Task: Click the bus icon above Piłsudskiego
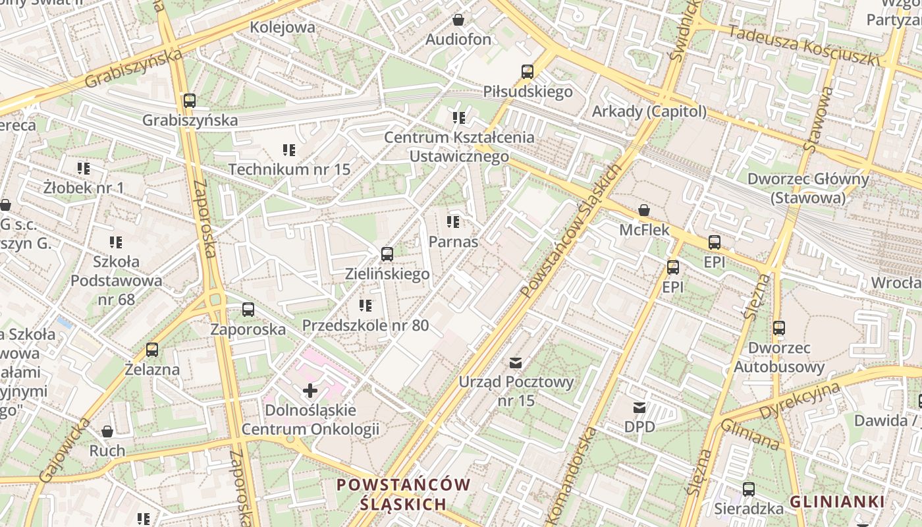pyautogui.click(x=527, y=72)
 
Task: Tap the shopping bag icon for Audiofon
pyautogui.click(x=458, y=20)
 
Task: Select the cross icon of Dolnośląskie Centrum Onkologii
pyautogui.click(x=310, y=391)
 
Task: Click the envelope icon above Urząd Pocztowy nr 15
pyautogui.click(x=516, y=362)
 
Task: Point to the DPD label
pyautogui.click(x=639, y=427)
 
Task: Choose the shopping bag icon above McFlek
pyautogui.click(x=644, y=211)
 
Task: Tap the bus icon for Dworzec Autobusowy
pyautogui.click(x=779, y=327)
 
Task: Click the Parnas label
pyautogui.click(x=453, y=242)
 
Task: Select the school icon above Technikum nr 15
pyautogui.click(x=289, y=150)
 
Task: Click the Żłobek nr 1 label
pyautogui.click(x=84, y=188)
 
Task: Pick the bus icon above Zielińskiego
pyautogui.click(x=387, y=254)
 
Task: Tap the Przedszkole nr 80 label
pyautogui.click(x=366, y=325)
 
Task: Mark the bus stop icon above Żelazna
pyautogui.click(x=152, y=350)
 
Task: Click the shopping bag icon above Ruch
pyautogui.click(x=107, y=432)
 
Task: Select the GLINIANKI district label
pyautogui.click(x=836, y=502)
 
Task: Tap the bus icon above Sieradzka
pyautogui.click(x=749, y=489)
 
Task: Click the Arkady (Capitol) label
pyautogui.click(x=649, y=112)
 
